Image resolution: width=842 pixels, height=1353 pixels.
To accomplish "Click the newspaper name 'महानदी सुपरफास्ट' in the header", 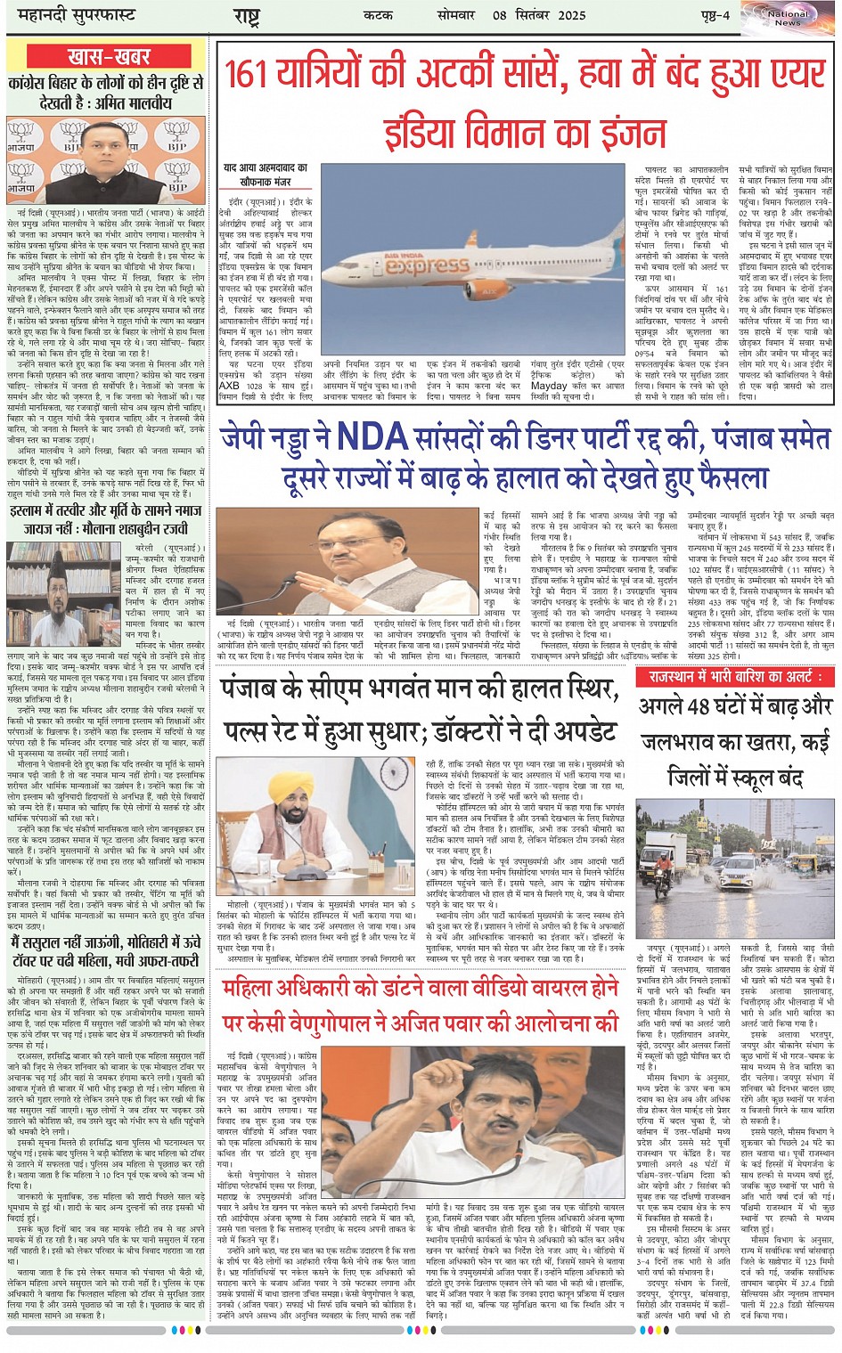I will (x=71, y=16).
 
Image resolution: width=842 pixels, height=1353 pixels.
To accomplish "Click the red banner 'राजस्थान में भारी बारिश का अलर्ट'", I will (x=735, y=678).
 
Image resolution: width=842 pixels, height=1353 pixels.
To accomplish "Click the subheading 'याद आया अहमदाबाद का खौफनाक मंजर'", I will (x=265, y=174).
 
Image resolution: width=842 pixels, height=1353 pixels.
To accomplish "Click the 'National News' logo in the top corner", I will (x=788, y=17).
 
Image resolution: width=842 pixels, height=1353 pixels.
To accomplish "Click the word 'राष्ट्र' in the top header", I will (x=246, y=16).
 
